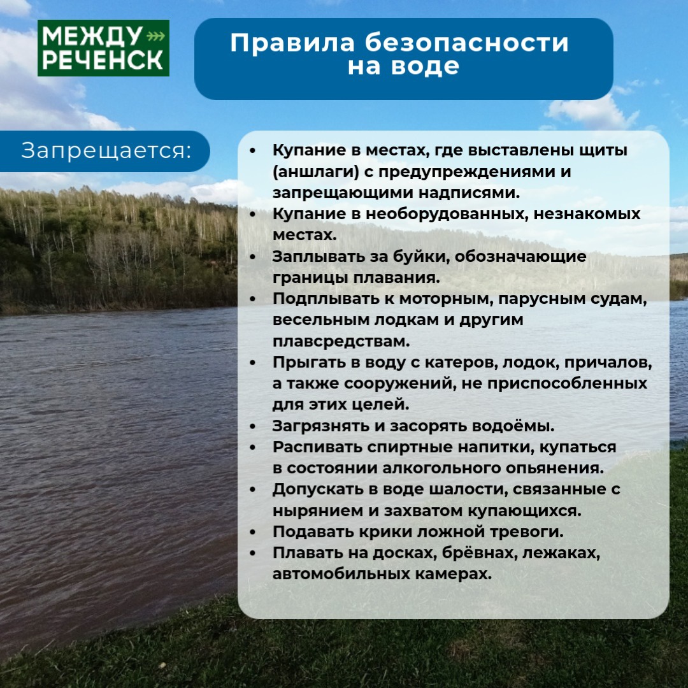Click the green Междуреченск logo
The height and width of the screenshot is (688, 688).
point(103,48)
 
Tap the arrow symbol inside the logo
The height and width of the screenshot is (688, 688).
point(155,36)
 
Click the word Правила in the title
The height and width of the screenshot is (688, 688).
point(292,43)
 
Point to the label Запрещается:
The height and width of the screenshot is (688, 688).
point(106,151)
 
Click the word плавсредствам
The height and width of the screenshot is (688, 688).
point(341,341)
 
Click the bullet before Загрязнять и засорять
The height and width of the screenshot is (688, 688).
point(252,426)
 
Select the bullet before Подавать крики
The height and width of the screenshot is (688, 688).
point(252,532)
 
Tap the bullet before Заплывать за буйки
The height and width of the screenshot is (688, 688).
point(252,257)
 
